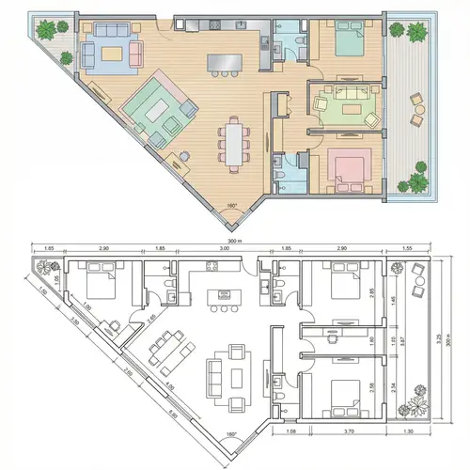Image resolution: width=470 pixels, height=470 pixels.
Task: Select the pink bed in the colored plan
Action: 346,169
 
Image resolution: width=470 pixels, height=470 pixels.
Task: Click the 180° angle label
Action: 231,205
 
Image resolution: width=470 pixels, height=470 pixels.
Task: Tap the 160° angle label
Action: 231,434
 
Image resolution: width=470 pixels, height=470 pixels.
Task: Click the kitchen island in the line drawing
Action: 224,298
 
